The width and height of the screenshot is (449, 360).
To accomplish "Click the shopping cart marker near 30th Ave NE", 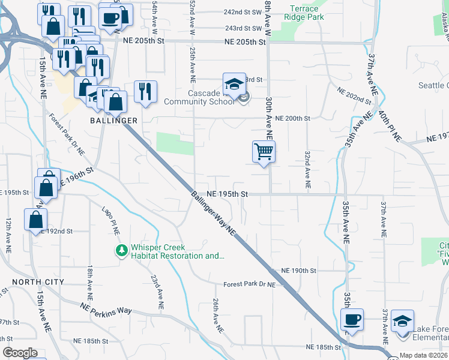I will pyautogui.click(x=264, y=152).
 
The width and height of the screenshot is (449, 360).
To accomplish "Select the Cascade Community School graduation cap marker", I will pyautogui.click(x=234, y=84).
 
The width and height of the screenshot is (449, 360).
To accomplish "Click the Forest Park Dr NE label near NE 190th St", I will pyautogui.click(x=249, y=284).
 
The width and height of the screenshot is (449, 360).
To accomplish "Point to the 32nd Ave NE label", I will pyautogui.click(x=307, y=170).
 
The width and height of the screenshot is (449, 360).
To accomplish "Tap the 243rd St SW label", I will pyautogui.click(x=243, y=28).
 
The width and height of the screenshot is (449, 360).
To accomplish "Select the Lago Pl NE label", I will pyautogui.click(x=111, y=220).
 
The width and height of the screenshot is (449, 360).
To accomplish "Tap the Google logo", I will pyautogui.click(x=20, y=353).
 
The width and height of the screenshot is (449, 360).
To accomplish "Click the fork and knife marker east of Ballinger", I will pyautogui.click(x=145, y=92).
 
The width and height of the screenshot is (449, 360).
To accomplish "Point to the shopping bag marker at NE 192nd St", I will pyautogui.click(x=36, y=219).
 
